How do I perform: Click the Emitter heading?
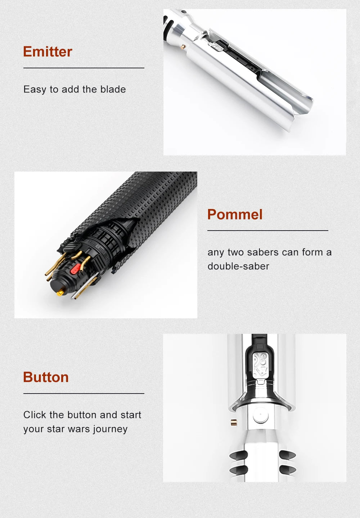click(x=48, y=51)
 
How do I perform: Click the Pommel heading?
click(x=235, y=214)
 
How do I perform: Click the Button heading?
click(x=46, y=377)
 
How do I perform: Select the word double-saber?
click(x=238, y=266)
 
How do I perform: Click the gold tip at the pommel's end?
click(x=60, y=293)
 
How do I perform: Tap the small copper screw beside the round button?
click(x=233, y=422)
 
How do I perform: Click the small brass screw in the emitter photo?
click(x=183, y=47)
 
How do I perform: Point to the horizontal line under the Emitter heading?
click(x=84, y=68)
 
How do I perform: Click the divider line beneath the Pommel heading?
click(x=268, y=231)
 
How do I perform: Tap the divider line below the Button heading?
click(x=84, y=394)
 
